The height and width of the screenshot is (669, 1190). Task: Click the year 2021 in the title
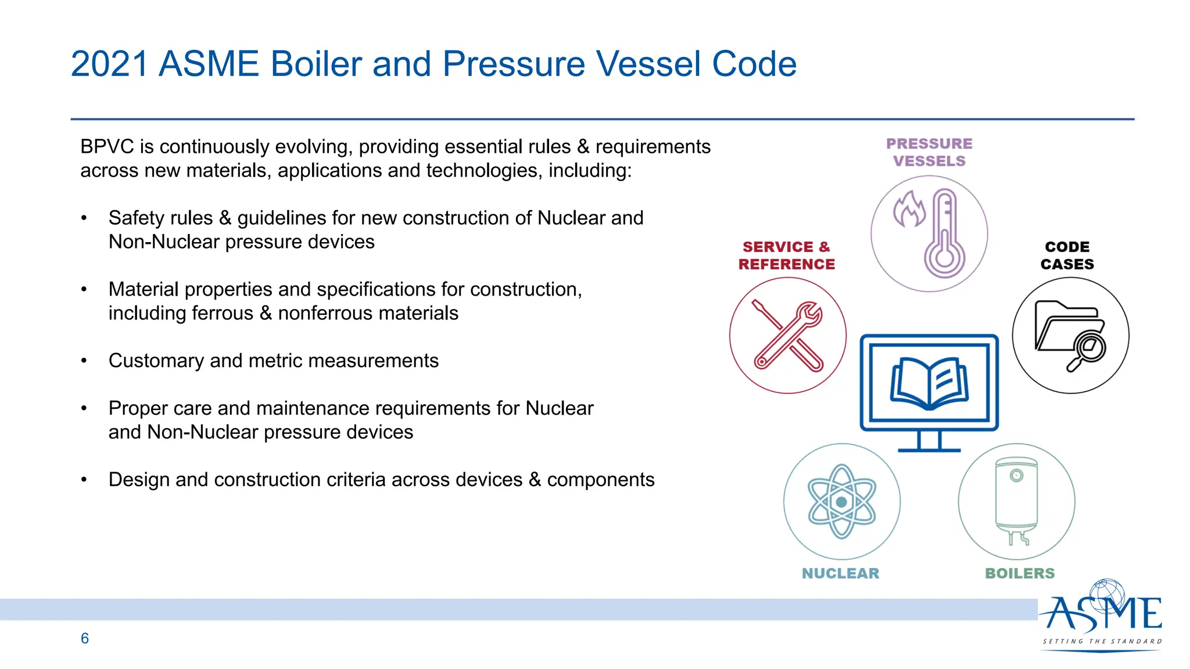109,64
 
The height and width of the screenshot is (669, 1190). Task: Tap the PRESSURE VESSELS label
929,152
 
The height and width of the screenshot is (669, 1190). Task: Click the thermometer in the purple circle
945,235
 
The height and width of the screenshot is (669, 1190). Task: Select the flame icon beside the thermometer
909,210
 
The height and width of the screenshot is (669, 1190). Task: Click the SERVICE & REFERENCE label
786,256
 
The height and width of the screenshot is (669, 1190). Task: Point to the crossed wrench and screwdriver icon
788,336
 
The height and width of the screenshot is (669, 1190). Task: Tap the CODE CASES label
1067,256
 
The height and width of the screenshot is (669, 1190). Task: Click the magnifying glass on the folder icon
1088,350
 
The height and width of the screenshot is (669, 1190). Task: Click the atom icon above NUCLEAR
841,501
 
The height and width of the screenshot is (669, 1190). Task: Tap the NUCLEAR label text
840,573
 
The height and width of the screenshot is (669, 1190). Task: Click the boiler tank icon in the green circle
1016,499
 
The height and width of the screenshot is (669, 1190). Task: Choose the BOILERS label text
1020,573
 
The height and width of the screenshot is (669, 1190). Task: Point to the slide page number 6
85,638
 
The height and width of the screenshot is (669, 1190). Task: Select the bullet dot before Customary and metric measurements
84,361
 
